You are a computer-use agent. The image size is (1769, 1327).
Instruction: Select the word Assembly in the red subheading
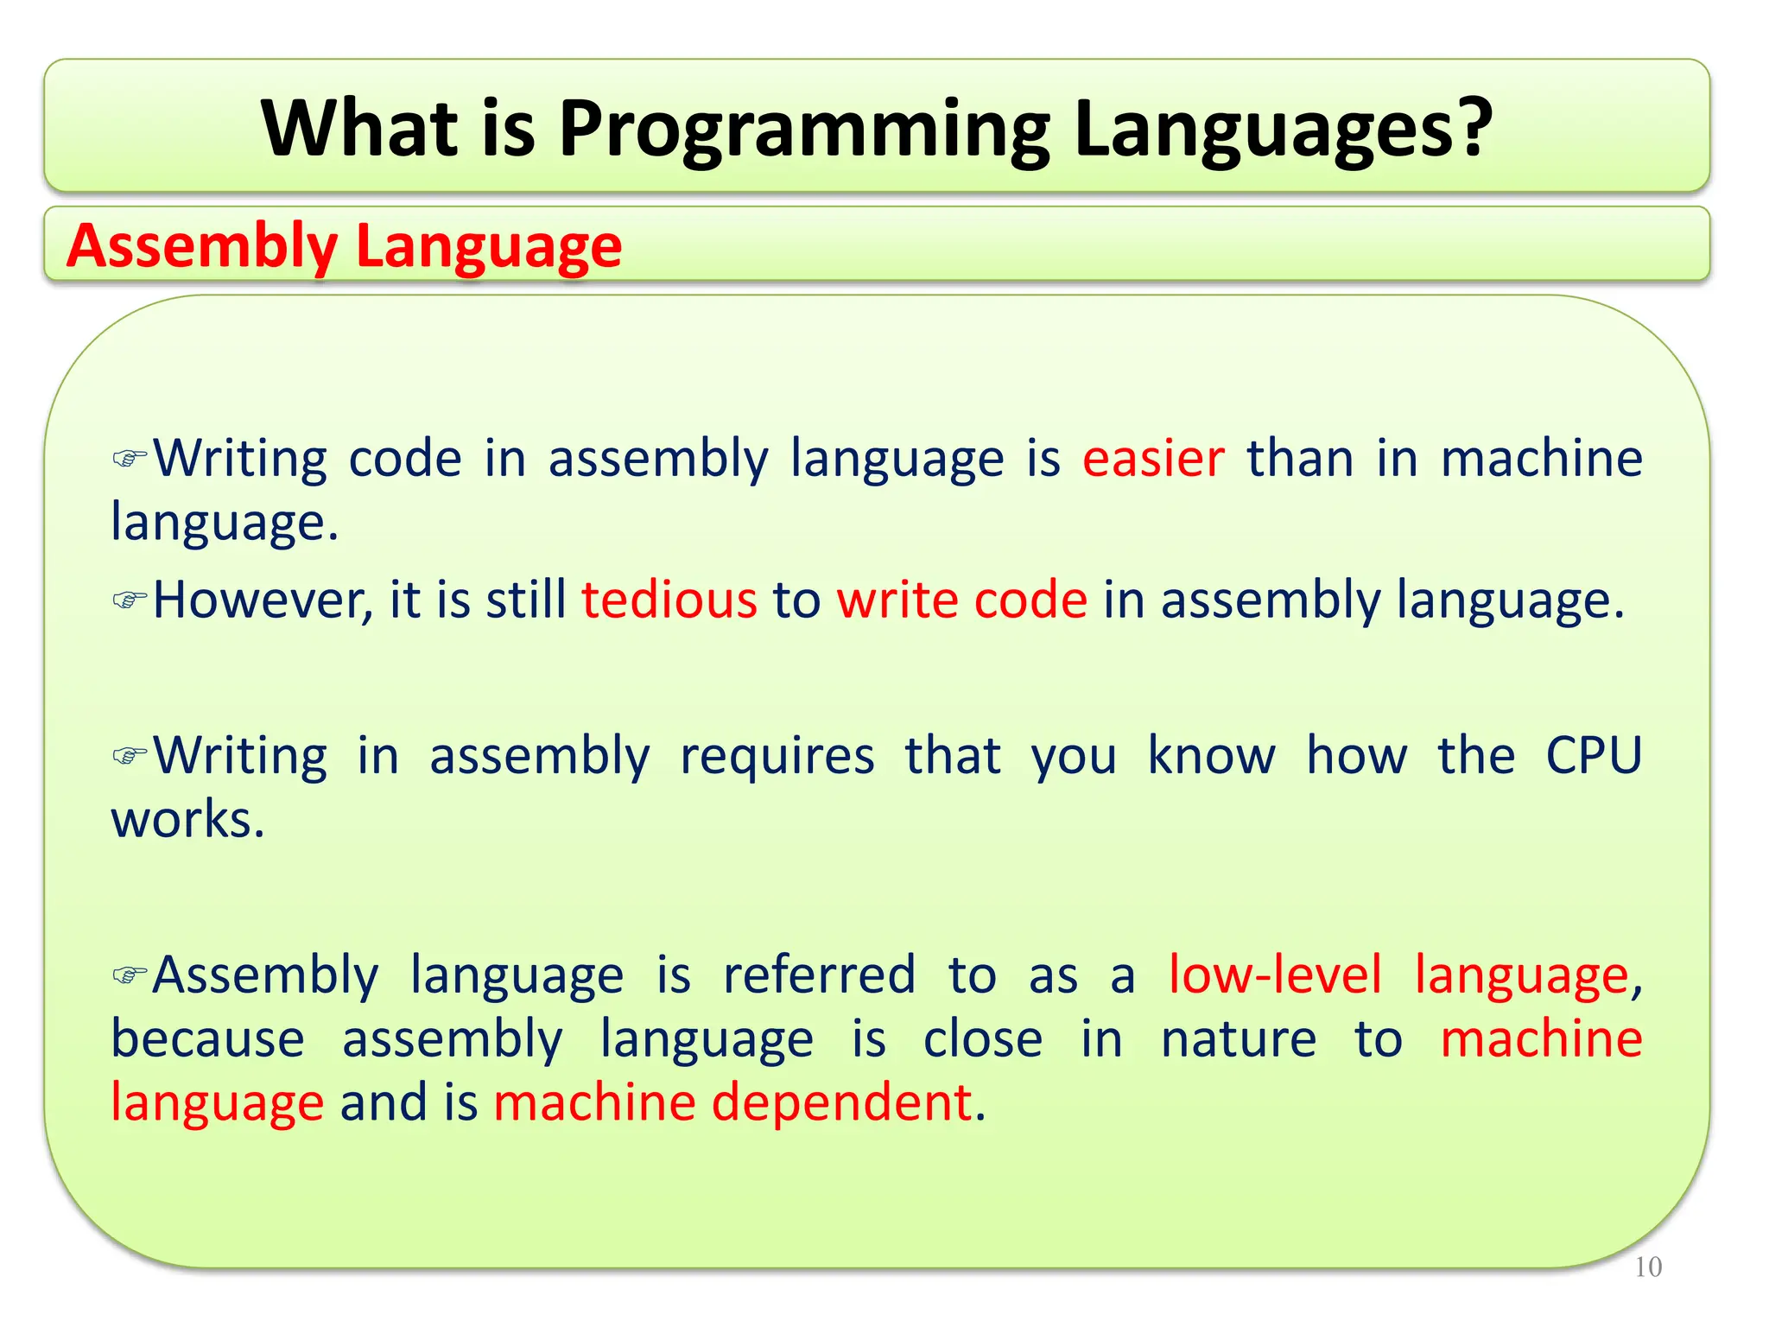pyautogui.click(x=202, y=246)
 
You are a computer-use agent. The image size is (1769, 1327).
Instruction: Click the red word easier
pyautogui.click(x=1153, y=458)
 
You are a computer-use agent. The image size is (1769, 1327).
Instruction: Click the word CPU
pyautogui.click(x=1593, y=756)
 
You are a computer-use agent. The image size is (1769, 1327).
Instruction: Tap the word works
pyautogui.click(x=187, y=820)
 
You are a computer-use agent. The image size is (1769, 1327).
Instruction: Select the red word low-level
pyautogui.click(x=1275, y=975)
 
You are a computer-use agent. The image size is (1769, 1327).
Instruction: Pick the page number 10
pyautogui.click(x=1648, y=1267)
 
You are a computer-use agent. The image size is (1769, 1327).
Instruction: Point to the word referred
pyautogui.click(x=819, y=975)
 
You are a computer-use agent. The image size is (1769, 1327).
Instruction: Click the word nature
pyautogui.click(x=1238, y=1039)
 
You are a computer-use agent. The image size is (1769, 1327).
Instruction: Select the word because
pyautogui.click(x=207, y=1039)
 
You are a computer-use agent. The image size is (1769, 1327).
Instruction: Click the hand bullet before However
pyautogui.click(x=130, y=599)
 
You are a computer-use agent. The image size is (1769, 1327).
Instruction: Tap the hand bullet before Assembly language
pyautogui.click(x=130, y=975)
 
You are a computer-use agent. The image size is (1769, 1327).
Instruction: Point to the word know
pyautogui.click(x=1211, y=756)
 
